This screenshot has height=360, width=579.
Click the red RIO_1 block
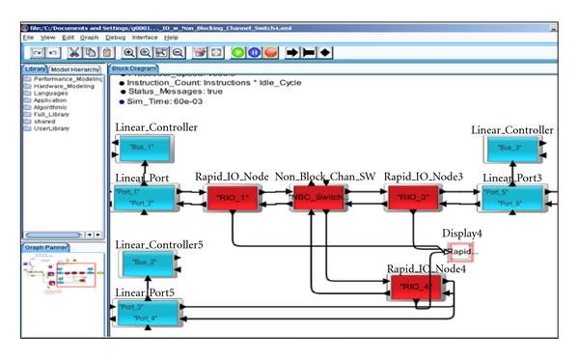(234, 199)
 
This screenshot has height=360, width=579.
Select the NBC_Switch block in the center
(319, 199)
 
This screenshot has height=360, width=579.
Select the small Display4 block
(462, 251)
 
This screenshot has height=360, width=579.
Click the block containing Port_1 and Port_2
(145, 198)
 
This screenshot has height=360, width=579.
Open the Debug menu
(117, 37)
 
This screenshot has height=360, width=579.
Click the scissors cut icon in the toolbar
(73, 52)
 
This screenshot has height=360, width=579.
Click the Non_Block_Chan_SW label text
(325, 177)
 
